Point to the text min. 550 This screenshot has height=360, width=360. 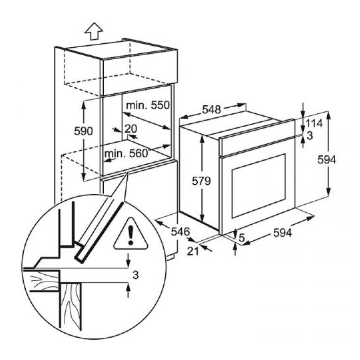pyautogui.click(x=147, y=106)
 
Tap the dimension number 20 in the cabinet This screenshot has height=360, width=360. pyautogui.click(x=131, y=128)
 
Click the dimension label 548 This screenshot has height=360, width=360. pyautogui.click(x=212, y=109)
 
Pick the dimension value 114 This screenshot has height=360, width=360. pyautogui.click(x=315, y=123)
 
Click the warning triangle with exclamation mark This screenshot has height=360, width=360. pyautogui.click(x=130, y=234)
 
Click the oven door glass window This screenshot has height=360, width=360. pyautogui.click(x=258, y=185)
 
